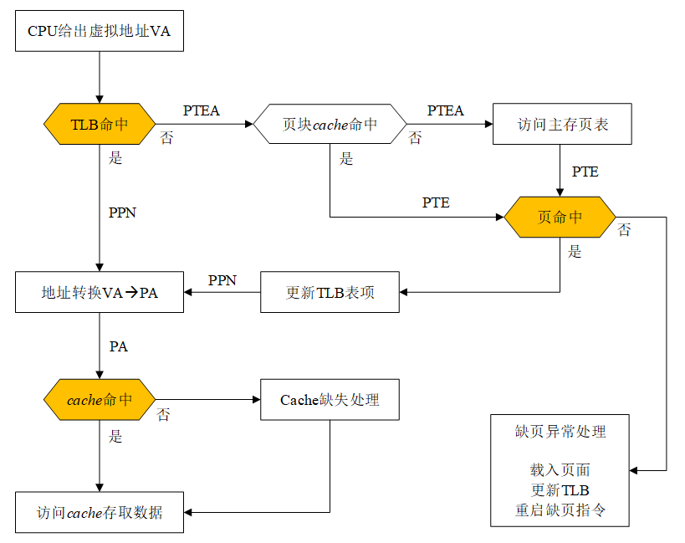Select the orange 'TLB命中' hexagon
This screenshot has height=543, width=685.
pos(100,125)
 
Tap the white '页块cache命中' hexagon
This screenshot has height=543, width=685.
pos(330,125)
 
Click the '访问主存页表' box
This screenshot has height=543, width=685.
pos(561,125)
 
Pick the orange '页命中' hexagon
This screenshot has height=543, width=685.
pos(560,218)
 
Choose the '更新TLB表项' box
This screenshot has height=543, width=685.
pos(330,293)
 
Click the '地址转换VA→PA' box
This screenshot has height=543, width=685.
pos(100,293)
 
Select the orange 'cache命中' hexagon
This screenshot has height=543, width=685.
pos(100,400)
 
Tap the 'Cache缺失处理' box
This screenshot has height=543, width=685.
pos(330,400)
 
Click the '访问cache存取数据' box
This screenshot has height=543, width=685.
pos(100,512)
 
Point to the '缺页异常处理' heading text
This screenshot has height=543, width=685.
pos(560,432)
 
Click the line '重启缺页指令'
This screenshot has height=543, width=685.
pos(560,510)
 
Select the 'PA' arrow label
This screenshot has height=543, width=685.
pos(119,346)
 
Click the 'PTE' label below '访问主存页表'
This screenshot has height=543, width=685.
pos(585,172)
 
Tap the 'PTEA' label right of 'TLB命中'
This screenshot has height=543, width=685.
pos(202,110)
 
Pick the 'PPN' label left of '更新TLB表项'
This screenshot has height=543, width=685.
pos(222,280)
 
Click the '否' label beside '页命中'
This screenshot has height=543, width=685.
pos(624,230)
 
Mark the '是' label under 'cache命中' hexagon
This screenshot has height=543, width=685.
pos(116,436)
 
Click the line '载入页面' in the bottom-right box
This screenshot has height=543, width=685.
pos(560,471)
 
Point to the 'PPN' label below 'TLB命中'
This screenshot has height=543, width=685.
pos(122,213)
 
